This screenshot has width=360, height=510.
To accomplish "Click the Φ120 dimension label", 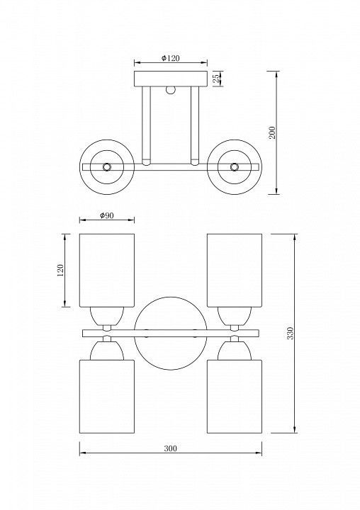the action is point(171,58).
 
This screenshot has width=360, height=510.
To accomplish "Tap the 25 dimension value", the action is point(216,79).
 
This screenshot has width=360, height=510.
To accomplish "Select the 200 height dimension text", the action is point(272,132).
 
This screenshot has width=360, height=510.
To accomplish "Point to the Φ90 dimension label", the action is point(107,215).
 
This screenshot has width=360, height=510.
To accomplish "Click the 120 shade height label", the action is point(60,270).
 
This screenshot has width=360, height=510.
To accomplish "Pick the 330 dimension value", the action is point(290,333).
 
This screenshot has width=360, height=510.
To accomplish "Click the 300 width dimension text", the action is point(171,448).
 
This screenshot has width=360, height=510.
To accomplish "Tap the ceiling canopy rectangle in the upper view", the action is point(171,79).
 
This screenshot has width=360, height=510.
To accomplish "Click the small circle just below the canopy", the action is point(170,90).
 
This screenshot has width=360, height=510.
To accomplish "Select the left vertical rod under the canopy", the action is point(146,126).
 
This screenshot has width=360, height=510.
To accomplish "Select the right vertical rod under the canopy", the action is point(195,126).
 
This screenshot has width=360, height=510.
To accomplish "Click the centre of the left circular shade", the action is point(107,167).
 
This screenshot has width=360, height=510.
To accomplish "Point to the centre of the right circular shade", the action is point(234,167).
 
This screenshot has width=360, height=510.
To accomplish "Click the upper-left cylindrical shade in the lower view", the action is point(107,270).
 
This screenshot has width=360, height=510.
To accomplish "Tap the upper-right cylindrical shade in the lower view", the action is point(235,270).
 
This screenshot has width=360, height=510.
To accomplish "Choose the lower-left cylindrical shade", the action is point(107,396).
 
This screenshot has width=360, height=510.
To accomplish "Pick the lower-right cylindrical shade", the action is point(235,396).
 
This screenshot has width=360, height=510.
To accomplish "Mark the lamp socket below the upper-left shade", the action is point(107,316).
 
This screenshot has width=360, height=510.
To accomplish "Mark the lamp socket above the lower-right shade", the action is point(235,351).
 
